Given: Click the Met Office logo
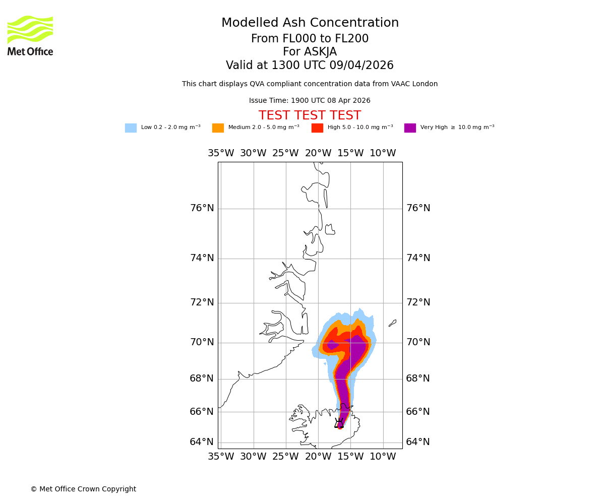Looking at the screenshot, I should click(x=30, y=35).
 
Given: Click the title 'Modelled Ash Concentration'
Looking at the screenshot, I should click(x=310, y=23).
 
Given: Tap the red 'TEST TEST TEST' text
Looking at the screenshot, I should click(x=310, y=116).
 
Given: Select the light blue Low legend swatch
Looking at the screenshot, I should click(x=131, y=128).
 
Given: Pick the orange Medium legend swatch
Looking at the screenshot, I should click(x=218, y=128).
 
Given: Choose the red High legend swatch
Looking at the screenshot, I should click(x=317, y=128).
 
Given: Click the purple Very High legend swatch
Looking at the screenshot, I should click(x=410, y=128).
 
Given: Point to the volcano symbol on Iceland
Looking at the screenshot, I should click(x=339, y=423).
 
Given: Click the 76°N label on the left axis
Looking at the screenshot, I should click(x=202, y=208).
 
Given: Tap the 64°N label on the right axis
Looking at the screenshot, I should click(x=418, y=442).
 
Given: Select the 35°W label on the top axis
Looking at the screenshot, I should click(x=221, y=153).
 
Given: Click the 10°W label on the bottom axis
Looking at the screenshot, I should click(x=383, y=457).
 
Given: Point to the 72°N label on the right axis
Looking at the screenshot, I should click(x=418, y=302).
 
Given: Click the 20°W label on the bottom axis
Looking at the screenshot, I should click(x=318, y=457).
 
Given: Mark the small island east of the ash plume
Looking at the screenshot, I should click(x=392, y=323).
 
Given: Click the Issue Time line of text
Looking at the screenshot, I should click(x=310, y=101).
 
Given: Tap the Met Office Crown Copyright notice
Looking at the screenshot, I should click(x=83, y=489).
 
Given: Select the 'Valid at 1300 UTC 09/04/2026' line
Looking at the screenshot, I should click(x=310, y=66).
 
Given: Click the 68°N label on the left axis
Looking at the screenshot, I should click(x=202, y=379).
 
